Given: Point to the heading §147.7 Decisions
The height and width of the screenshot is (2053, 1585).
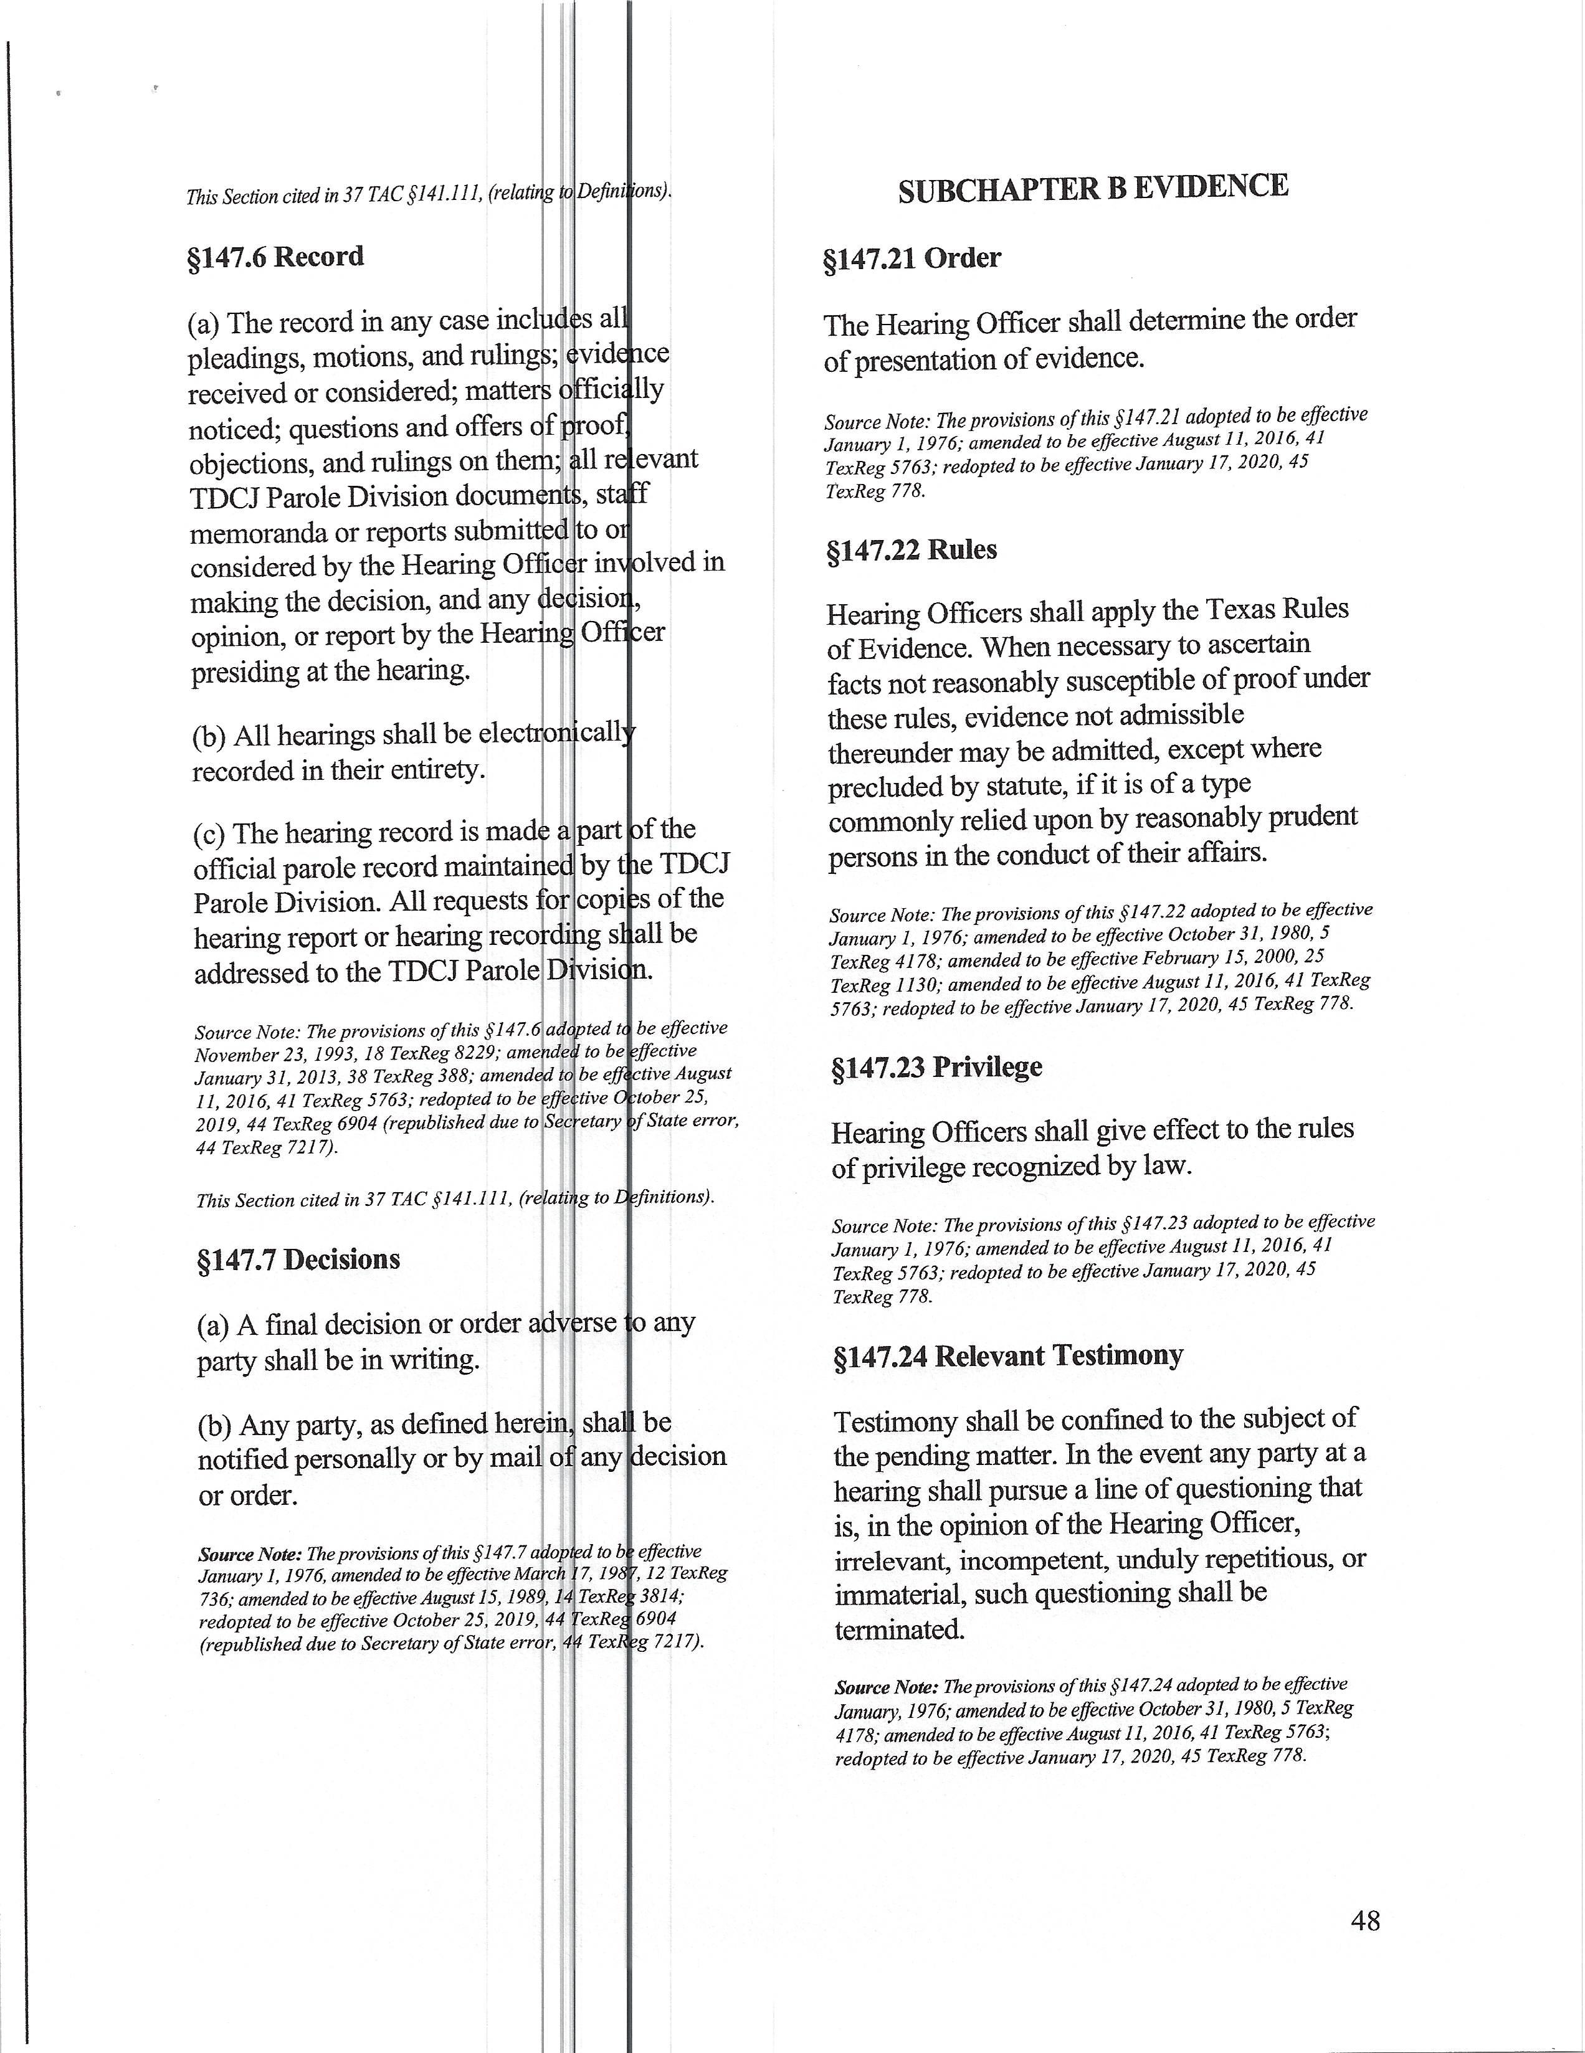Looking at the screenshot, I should pos(298,1259).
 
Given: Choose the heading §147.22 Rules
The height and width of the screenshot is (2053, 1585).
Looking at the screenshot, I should pos(910,550).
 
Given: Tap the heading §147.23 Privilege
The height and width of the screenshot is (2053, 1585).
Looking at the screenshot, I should pos(936,1068).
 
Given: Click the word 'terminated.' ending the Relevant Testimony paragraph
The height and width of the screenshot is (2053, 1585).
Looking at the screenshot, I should pos(899,1629).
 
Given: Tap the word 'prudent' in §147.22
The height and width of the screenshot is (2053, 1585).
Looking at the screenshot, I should pos(1313,817).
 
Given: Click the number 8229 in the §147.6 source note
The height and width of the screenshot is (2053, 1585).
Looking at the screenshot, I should pos(465,1055).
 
